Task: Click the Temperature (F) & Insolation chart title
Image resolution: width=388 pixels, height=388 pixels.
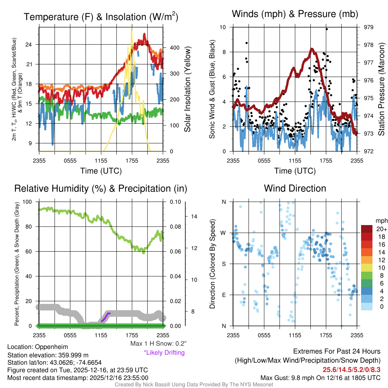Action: (101, 17)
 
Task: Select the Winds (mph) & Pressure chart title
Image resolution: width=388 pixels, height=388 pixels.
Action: (295, 14)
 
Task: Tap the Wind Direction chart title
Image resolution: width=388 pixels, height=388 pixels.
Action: (295, 188)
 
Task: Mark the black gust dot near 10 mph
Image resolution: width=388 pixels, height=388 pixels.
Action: (327, 29)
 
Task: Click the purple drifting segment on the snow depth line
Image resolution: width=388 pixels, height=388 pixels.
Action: (106, 316)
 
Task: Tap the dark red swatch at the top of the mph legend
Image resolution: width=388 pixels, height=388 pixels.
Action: (367, 229)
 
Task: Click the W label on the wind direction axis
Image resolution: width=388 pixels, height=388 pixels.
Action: (224, 233)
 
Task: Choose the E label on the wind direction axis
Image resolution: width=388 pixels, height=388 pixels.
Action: (224, 295)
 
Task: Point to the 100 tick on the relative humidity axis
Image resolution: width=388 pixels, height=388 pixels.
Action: (28, 202)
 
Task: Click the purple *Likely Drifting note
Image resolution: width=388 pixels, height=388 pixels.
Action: (164, 352)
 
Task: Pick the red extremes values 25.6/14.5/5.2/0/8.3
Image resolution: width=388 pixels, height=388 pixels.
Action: (352, 369)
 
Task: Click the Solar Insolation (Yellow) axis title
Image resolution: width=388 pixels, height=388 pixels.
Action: (187, 89)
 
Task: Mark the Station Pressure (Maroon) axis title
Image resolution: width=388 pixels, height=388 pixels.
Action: (382, 89)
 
